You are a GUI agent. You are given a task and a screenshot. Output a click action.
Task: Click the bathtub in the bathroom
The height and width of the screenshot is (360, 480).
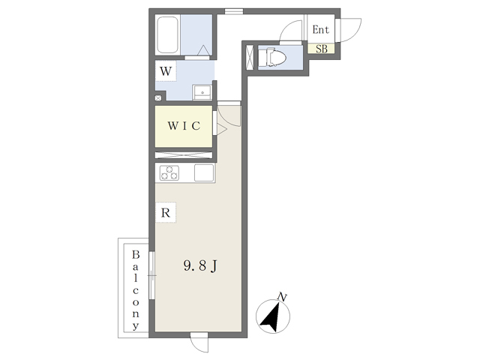(x=167, y=34)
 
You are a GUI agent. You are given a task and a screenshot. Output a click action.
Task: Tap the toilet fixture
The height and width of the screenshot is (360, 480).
(x=271, y=56)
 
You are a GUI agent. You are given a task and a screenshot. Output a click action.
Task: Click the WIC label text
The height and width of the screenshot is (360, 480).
(x=183, y=126)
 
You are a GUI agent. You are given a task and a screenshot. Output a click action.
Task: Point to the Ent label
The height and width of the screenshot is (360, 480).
(x=321, y=31)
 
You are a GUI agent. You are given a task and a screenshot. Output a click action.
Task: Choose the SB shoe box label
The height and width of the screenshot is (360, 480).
(x=321, y=49)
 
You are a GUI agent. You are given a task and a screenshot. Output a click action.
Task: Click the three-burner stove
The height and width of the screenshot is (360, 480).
(x=169, y=173)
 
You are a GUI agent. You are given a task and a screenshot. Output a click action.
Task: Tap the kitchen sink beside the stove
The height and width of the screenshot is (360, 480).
(x=203, y=173)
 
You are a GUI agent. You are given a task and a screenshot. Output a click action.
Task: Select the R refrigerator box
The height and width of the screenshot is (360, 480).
(x=166, y=213)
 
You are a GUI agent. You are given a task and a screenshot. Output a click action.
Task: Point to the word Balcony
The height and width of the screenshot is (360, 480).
(x=136, y=290)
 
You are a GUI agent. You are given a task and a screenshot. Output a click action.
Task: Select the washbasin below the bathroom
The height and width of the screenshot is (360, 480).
(x=202, y=93)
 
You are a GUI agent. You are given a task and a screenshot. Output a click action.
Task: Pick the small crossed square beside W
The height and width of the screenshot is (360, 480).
(x=157, y=97)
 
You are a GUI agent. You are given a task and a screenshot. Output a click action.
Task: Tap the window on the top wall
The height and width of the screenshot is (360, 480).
(x=234, y=10)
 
